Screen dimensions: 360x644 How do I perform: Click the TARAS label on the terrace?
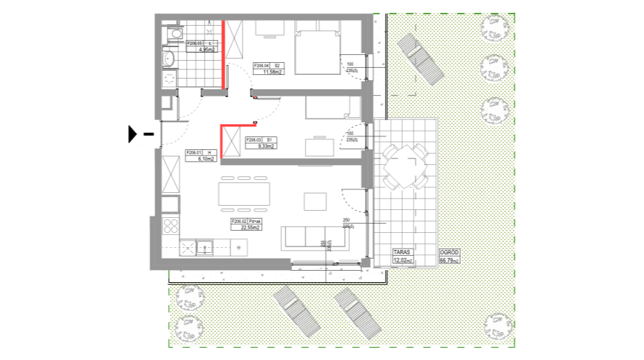click(x=403, y=252)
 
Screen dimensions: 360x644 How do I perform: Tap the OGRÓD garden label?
click(x=449, y=252)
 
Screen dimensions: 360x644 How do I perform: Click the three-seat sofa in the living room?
click(x=315, y=237)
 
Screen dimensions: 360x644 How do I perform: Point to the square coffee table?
click(x=315, y=201)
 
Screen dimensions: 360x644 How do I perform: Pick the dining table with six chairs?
click(x=243, y=194)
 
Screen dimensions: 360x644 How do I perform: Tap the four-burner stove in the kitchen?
click(x=170, y=226)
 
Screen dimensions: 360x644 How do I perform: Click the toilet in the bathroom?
click(x=169, y=59)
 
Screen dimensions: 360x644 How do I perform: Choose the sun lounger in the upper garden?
click(x=420, y=60)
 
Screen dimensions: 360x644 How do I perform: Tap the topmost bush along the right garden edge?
click(x=494, y=29)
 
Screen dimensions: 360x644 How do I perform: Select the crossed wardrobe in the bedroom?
click(x=235, y=39)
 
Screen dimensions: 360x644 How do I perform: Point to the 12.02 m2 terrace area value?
click(x=403, y=260)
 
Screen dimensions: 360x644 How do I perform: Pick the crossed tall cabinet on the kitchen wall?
click(x=171, y=174)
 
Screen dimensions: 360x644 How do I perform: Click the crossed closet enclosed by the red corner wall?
click(x=231, y=142)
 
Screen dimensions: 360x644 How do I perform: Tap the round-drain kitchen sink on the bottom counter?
click(x=238, y=248)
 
